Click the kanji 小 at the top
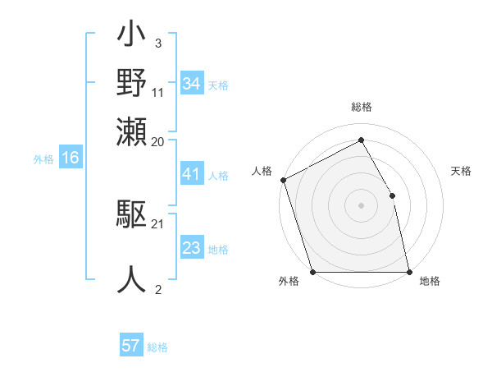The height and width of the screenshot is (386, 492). point(132,38)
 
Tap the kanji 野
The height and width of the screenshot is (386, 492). point(132,84)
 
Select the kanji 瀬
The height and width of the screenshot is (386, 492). point(132,131)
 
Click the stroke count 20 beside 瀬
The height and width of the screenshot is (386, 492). point(158,140)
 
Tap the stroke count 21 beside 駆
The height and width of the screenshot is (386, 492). point(158,223)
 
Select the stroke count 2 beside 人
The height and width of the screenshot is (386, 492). point(157,288)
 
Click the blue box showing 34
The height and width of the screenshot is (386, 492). point(192,84)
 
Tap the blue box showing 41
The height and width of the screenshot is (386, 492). point(192,174)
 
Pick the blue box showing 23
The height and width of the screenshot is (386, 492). point(192,248)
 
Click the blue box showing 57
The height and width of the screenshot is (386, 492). point(131,346)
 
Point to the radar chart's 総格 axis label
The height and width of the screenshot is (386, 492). point(361,108)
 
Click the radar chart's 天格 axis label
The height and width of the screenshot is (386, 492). point(461,171)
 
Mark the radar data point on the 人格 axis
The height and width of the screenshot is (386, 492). point(283,180)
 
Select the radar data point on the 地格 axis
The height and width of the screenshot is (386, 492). point(409,271)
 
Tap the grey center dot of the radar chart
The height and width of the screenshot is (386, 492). point(361,204)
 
